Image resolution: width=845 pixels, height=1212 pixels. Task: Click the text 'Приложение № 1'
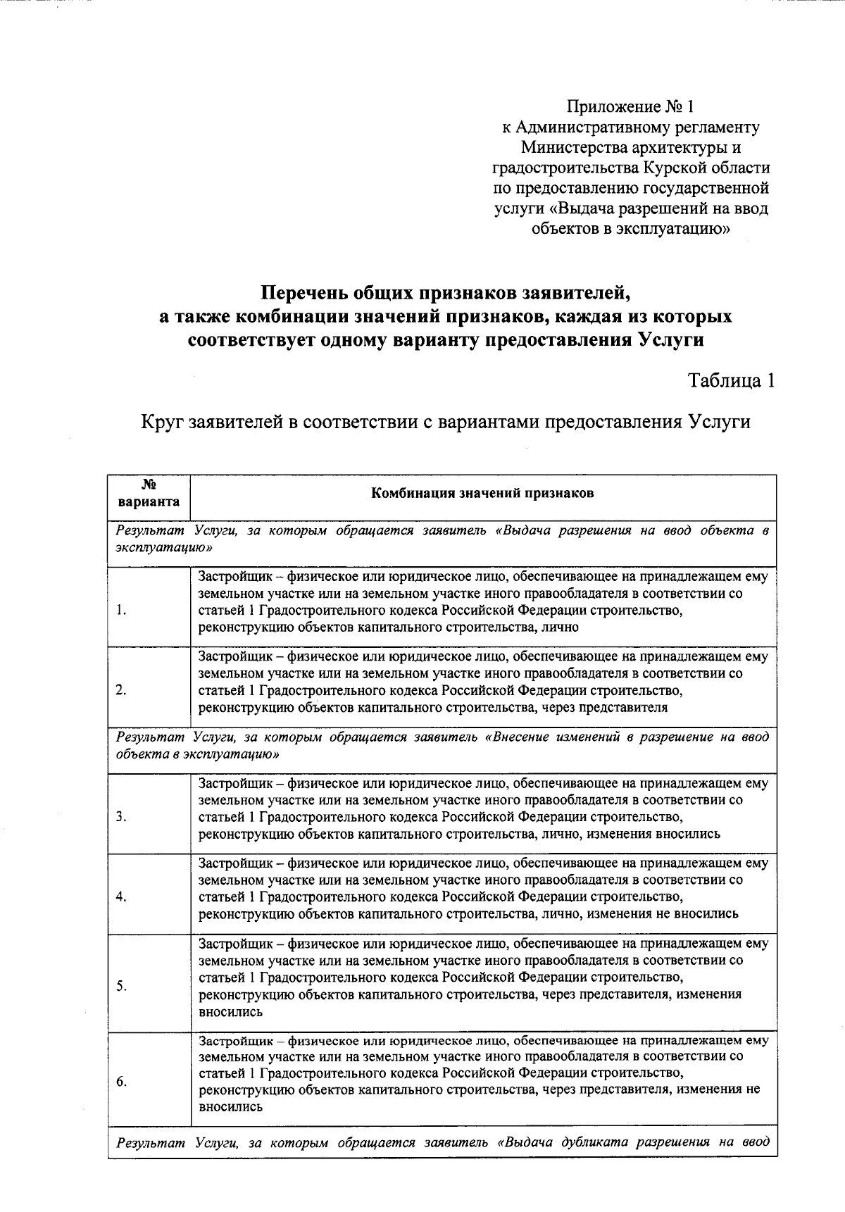click(630, 107)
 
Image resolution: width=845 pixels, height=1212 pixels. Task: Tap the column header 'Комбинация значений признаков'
click(482, 493)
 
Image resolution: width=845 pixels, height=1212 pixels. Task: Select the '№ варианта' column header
click(149, 494)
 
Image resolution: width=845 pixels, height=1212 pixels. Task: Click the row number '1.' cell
click(122, 611)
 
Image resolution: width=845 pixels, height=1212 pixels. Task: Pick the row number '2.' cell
click(122, 690)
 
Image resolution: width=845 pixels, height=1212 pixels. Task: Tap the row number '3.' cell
click(122, 817)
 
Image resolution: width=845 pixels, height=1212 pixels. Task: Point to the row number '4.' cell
click(122, 896)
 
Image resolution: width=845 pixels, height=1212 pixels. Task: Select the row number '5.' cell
click(122, 986)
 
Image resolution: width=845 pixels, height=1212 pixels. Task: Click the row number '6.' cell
click(122, 1082)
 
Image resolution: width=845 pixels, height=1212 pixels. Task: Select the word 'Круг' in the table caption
click(162, 422)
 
